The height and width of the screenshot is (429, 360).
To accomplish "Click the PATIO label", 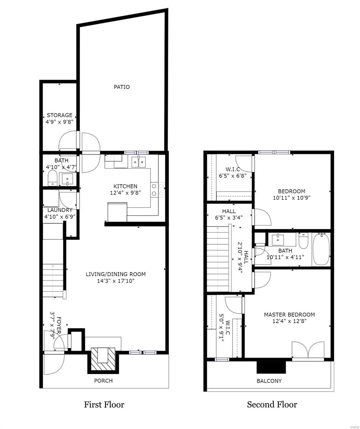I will click(x=122, y=87).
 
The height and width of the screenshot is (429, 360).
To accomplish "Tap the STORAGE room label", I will click(x=59, y=115).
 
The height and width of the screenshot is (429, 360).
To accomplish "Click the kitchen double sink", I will click(x=140, y=162).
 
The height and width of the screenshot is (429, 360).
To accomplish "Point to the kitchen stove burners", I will click(x=157, y=190).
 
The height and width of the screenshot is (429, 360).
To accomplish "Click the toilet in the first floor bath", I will click(x=52, y=178).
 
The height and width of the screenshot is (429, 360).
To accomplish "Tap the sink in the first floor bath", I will click(x=67, y=178).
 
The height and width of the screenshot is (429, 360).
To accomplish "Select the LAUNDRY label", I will click(x=60, y=210).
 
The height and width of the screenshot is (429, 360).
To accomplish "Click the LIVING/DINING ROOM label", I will click(x=116, y=274).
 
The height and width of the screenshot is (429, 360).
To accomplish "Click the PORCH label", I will click(x=103, y=381).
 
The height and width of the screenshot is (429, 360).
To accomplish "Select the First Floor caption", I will click(x=104, y=405).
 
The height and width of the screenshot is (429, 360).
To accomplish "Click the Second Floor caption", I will click(x=272, y=405).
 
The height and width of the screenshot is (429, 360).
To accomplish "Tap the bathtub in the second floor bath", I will click(x=321, y=249).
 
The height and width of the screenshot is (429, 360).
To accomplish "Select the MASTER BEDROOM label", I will click(x=289, y=315).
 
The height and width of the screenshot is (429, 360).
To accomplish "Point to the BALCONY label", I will click(x=269, y=381).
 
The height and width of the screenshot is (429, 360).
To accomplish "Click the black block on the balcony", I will click(x=271, y=367).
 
